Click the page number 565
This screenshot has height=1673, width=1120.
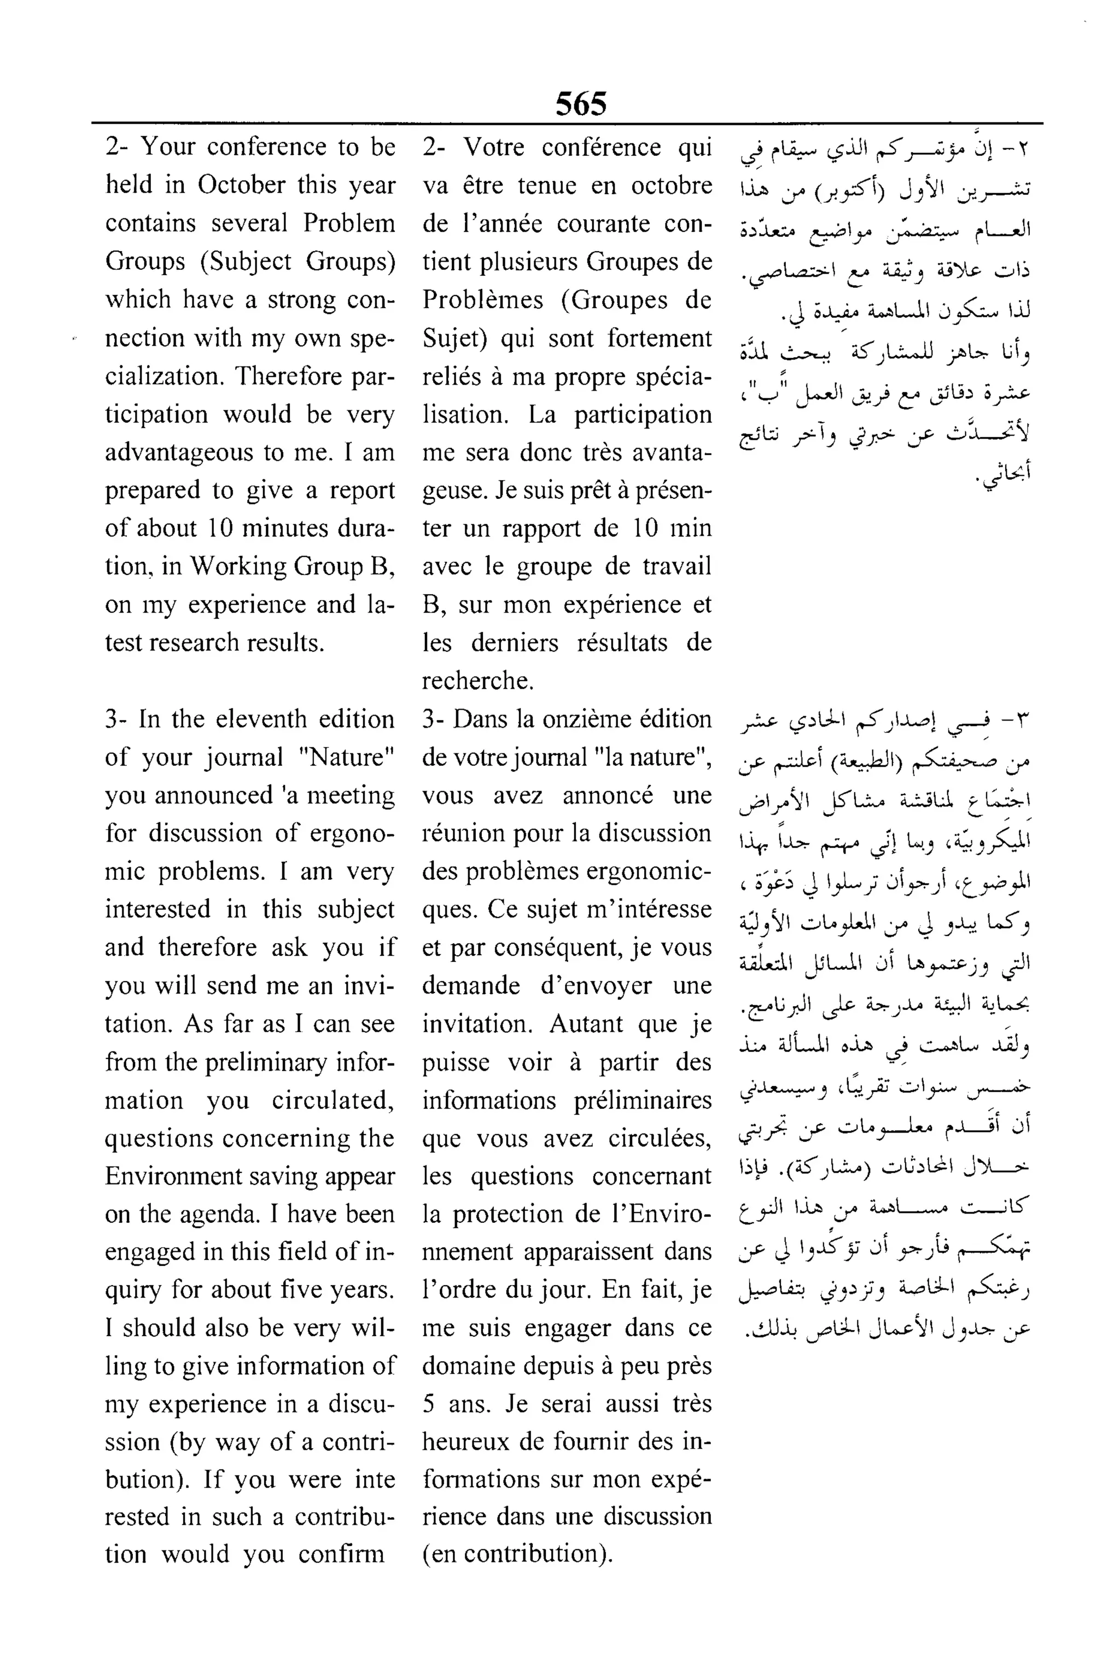(581, 104)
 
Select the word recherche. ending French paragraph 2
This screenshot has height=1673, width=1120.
(477, 681)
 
